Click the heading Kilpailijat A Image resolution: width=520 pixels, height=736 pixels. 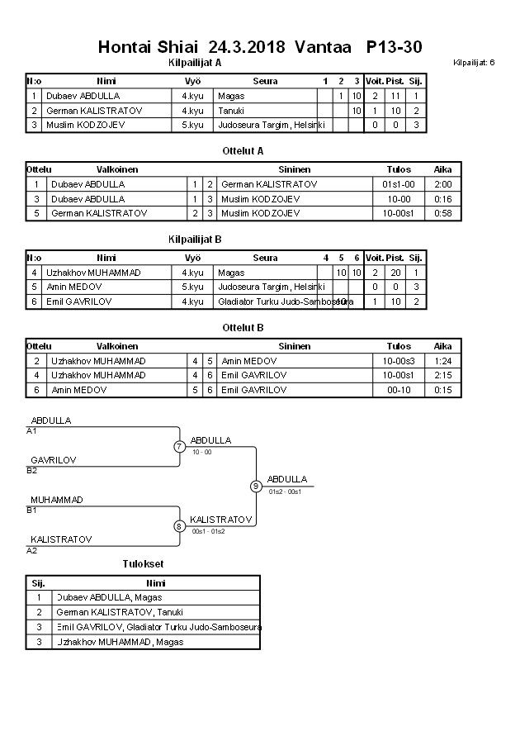[x=194, y=62]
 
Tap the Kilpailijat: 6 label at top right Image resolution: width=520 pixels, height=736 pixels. [x=474, y=62]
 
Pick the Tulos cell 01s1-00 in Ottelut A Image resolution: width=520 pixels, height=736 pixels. [x=399, y=184]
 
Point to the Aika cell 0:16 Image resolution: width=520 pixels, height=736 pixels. [x=442, y=199]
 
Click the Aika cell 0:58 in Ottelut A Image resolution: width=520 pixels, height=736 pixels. [x=442, y=213]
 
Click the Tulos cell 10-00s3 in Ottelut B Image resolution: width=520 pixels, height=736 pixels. [x=399, y=361]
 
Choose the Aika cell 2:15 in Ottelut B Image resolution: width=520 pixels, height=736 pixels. [x=442, y=375]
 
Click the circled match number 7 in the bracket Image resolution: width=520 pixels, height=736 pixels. [x=179, y=447]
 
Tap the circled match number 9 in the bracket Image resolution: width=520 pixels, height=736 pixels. [x=256, y=486]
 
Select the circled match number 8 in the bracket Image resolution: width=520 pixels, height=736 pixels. [x=179, y=525]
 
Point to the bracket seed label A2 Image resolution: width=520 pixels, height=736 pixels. [x=31, y=550]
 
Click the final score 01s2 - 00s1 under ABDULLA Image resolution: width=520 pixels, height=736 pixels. [x=286, y=491]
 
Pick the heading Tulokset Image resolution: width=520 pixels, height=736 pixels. [x=143, y=563]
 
